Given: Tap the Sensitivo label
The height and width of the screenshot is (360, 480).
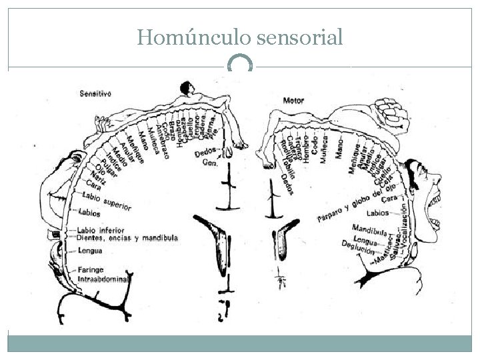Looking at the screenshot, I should [95, 94].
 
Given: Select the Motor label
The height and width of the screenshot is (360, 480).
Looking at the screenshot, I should [293, 101].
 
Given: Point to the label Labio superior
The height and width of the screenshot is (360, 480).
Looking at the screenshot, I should [107, 201].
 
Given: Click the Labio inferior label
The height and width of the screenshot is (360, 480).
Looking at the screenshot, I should [101, 231].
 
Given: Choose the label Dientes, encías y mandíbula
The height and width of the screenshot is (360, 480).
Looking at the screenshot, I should [127, 238].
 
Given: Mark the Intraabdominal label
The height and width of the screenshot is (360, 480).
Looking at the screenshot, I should [103, 279].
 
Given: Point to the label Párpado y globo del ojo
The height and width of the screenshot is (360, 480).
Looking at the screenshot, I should [353, 205].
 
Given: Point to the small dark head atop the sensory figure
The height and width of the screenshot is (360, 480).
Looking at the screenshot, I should [185, 87].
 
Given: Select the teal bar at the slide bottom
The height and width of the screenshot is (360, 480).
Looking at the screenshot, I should [240, 343].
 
